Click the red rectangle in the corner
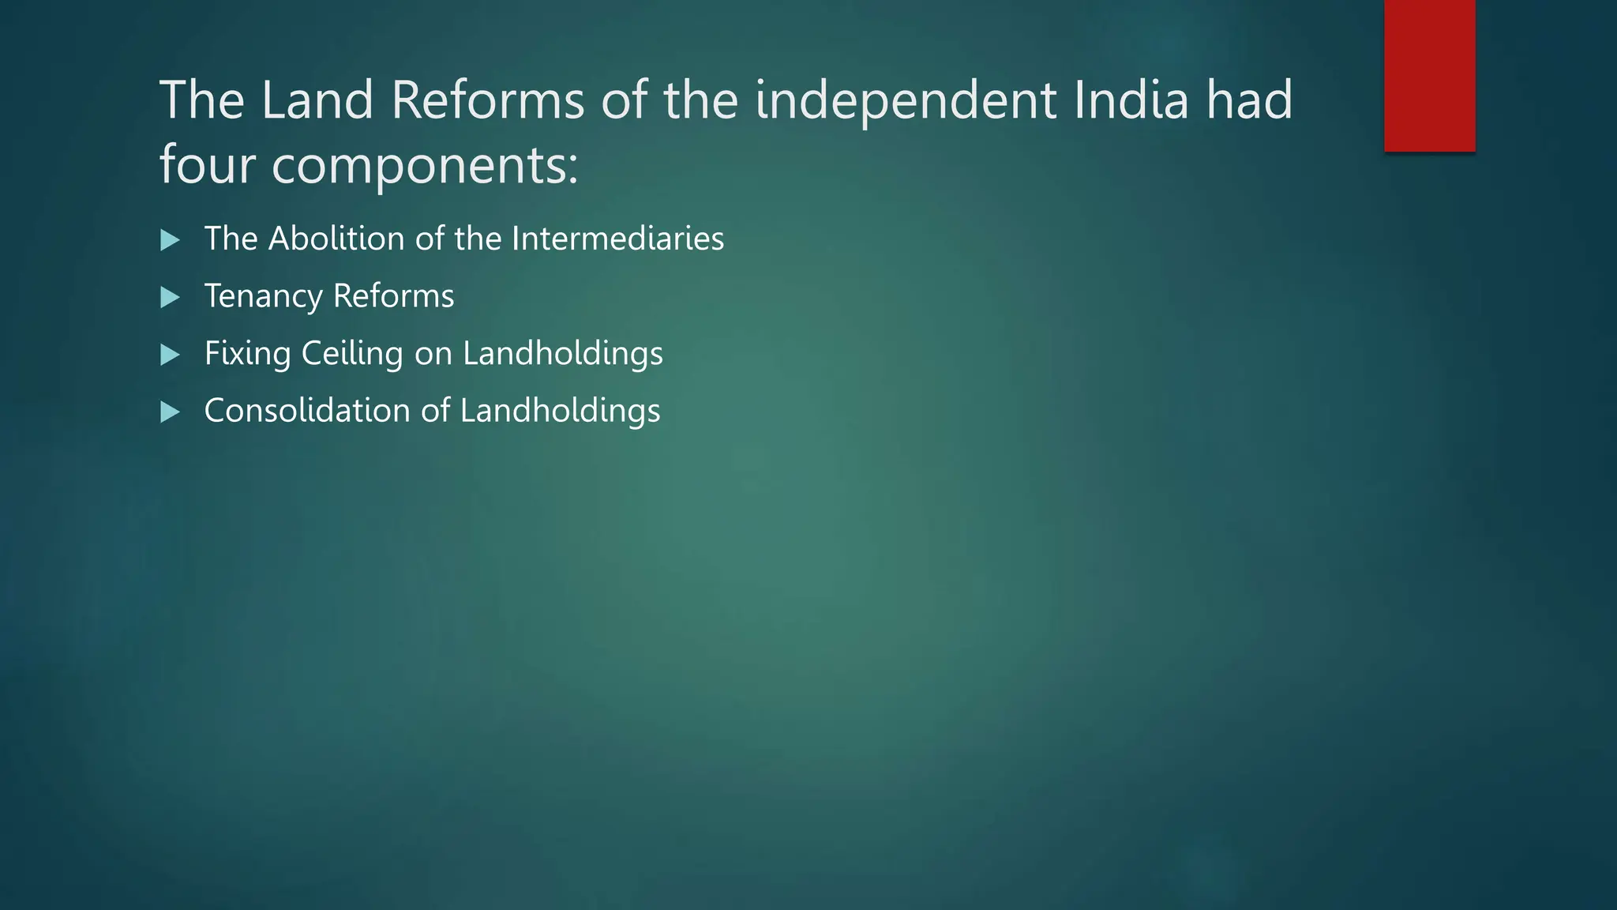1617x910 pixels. point(1429,76)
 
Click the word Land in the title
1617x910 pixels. point(317,100)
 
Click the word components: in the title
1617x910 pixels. point(425,167)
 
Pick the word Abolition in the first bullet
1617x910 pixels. point(336,239)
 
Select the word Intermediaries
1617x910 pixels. point(617,239)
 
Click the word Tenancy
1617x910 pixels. point(263,296)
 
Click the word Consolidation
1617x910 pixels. point(306,411)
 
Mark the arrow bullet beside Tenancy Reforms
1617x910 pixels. point(170,298)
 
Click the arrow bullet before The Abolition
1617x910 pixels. point(170,240)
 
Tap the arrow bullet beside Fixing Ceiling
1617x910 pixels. point(170,355)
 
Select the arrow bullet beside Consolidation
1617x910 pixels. point(170,412)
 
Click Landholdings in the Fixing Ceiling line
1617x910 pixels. point(562,353)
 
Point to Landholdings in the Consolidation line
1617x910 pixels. point(560,411)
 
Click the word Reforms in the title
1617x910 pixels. point(487,100)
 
